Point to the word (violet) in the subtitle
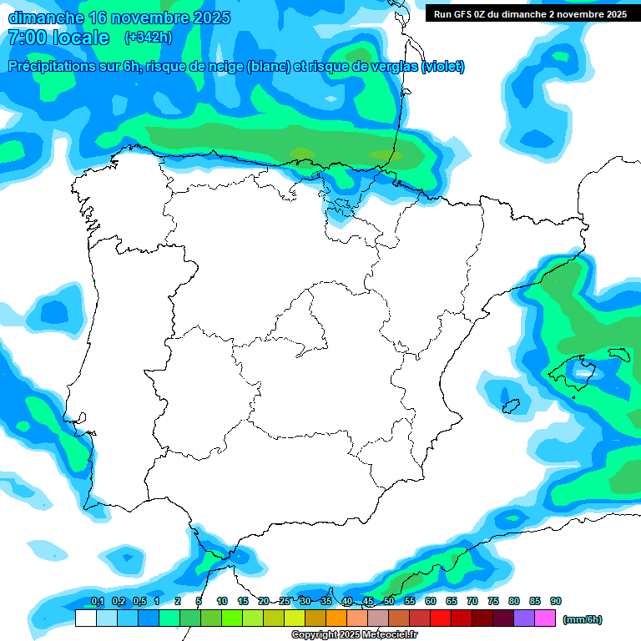[443, 67]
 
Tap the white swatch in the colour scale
[85, 618]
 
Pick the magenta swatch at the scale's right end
[545, 618]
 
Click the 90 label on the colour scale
[556, 601]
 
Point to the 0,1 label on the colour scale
[97, 601]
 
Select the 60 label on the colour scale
[431, 601]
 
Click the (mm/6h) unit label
[583, 619]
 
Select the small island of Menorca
[618, 354]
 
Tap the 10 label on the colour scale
[222, 601]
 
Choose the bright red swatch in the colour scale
[441, 618]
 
